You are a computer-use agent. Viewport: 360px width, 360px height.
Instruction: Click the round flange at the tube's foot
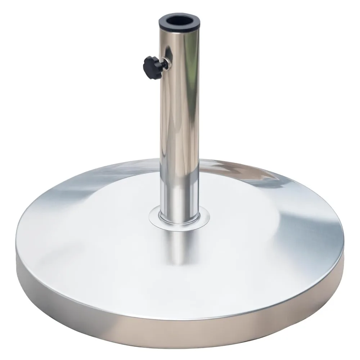coord(179,219)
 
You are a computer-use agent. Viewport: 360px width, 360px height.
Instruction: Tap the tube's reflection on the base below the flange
coord(179,245)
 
